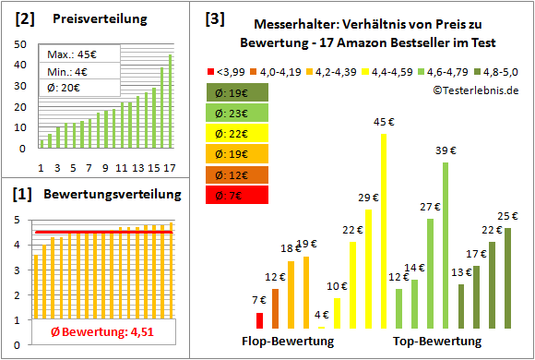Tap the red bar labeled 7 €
click(x=260, y=320)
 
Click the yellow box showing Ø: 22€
click(x=237, y=134)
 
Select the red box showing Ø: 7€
click(x=237, y=195)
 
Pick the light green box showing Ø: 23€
click(x=237, y=114)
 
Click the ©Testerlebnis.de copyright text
click(x=475, y=90)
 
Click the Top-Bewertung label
click(x=436, y=341)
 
